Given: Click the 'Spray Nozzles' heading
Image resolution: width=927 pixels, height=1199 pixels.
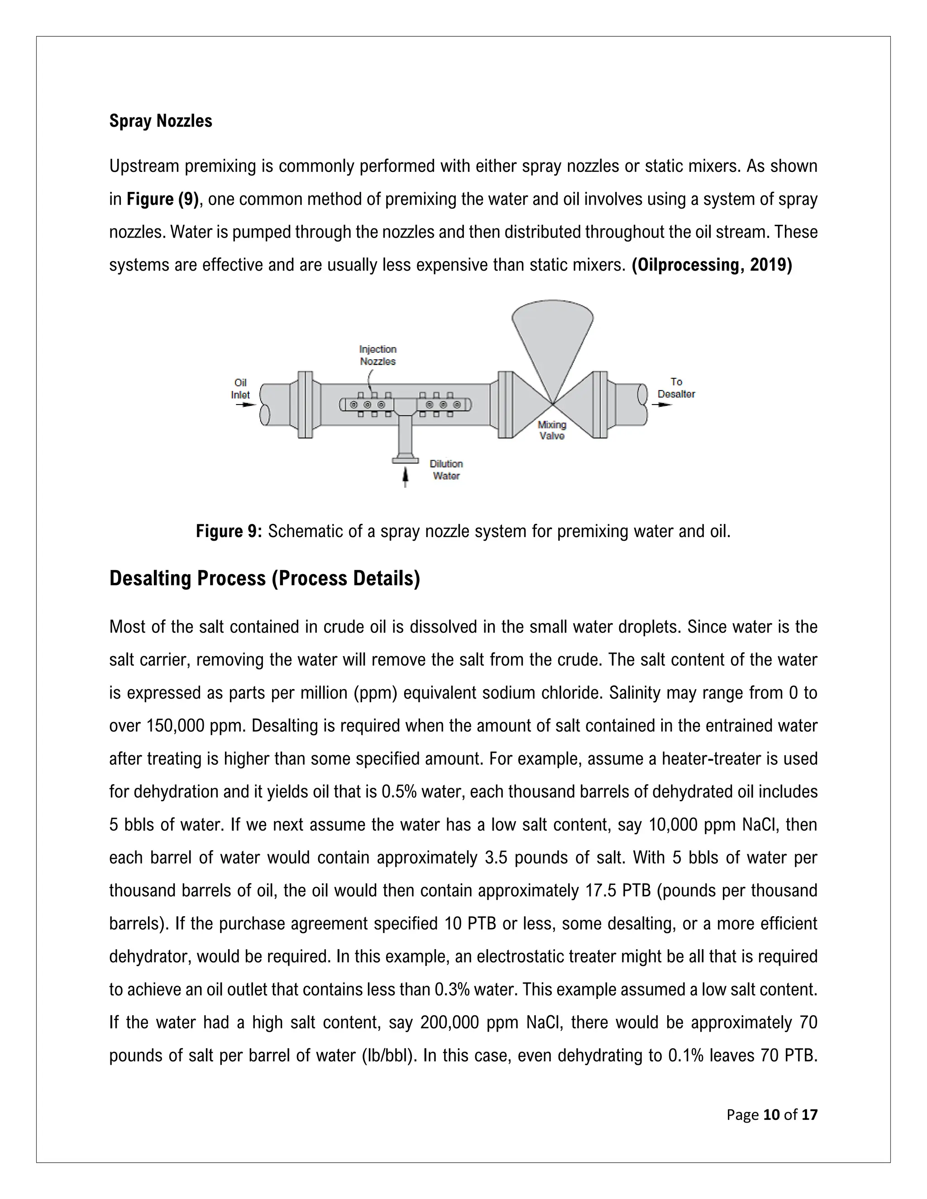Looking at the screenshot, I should coord(160,121).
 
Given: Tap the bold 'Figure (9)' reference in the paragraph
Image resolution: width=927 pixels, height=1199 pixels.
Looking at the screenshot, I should coord(162,199).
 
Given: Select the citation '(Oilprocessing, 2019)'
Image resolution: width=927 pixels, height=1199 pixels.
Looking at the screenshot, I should coord(712,265).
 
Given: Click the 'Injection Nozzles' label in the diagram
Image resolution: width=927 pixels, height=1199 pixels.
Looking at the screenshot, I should coord(378,355).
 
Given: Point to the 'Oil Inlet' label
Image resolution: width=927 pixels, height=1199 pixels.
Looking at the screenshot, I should coord(240,388).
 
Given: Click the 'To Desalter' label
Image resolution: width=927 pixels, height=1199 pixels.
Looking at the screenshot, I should coord(676,388).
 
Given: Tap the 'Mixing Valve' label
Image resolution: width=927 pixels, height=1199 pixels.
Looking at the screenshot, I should coord(552,430).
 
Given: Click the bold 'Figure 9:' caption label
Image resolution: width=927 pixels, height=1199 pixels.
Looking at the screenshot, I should coord(229,532).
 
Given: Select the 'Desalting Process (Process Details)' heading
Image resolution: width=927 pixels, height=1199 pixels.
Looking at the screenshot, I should coord(264,579).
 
